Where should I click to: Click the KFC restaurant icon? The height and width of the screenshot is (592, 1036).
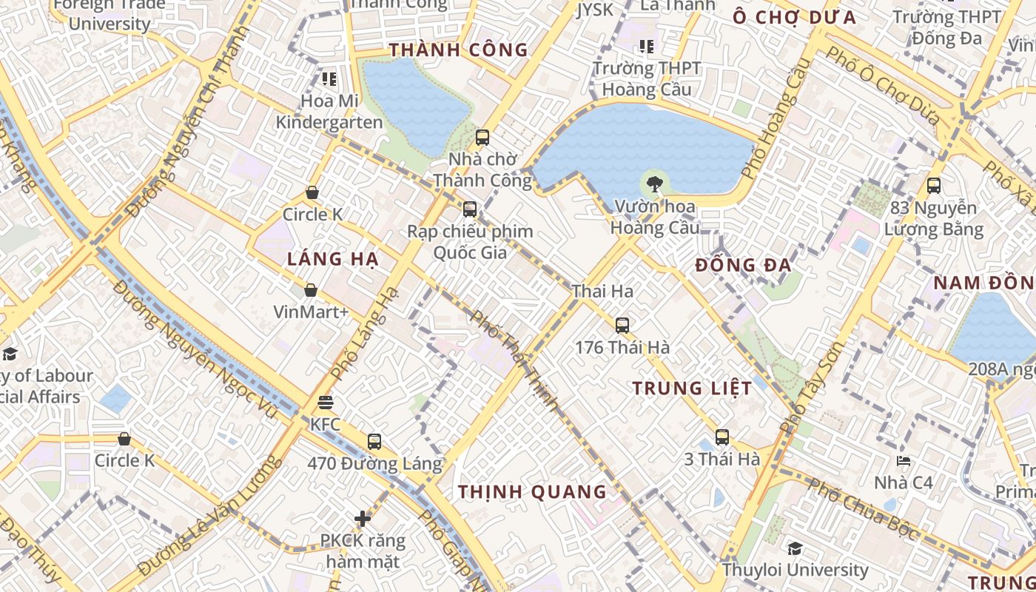[326, 403]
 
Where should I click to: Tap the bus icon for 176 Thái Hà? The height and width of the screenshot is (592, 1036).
[622, 325]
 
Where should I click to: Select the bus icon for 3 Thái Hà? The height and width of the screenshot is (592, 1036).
[722, 437]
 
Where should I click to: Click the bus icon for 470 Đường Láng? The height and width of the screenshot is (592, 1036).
[374, 442]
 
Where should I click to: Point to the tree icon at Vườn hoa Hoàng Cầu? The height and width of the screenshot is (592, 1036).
[654, 184]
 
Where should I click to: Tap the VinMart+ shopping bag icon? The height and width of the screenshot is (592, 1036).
[311, 290]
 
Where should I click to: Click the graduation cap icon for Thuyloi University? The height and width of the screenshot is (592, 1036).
[795, 548]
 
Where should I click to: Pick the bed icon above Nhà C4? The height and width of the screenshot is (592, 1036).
[903, 461]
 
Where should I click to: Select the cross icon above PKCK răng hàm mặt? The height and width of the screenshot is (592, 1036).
[363, 519]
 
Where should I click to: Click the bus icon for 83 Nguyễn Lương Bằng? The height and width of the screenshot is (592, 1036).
[934, 186]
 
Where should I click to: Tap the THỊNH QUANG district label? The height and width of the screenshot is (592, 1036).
[532, 492]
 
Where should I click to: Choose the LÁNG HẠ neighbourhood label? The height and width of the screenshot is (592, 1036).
[333, 259]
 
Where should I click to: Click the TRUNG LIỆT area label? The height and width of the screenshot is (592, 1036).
[692, 388]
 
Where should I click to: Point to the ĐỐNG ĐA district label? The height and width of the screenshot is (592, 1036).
[744, 265]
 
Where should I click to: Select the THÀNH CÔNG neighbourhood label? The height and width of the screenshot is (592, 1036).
[459, 50]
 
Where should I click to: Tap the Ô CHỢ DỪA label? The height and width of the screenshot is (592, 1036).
[794, 18]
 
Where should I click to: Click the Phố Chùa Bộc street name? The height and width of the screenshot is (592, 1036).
[862, 509]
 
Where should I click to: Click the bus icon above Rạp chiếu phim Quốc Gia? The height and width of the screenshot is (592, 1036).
[470, 209]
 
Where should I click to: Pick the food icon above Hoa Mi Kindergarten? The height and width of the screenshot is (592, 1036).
[329, 78]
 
